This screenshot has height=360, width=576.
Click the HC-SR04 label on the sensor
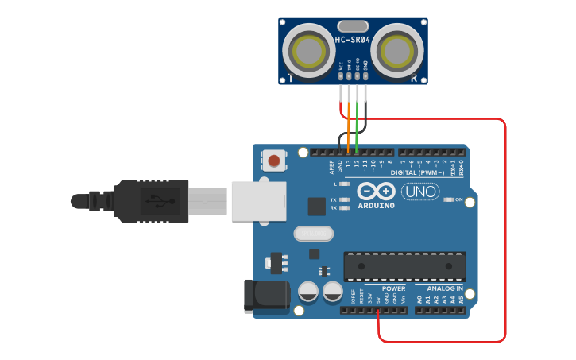(x=353, y=40)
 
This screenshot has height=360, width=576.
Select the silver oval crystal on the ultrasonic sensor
(x=353, y=26)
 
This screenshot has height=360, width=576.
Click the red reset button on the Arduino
(x=274, y=161)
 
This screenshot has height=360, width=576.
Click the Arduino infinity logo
(x=376, y=192)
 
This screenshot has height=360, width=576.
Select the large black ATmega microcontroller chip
(x=404, y=266)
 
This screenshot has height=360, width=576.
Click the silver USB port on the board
(x=258, y=200)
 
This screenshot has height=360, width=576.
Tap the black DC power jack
(x=266, y=295)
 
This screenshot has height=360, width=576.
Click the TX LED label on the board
(x=334, y=199)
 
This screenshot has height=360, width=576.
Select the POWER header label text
(x=393, y=288)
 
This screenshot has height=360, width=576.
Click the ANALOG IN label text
(x=444, y=288)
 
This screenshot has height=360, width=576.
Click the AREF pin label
(x=332, y=166)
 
